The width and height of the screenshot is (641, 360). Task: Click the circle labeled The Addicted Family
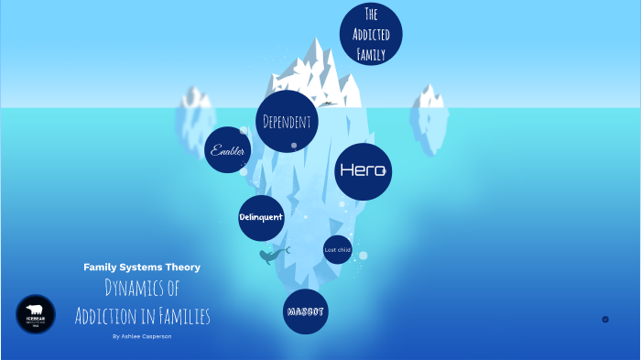[371, 35]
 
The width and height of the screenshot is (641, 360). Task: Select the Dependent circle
[287, 121]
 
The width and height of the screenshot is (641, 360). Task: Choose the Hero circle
[364, 170]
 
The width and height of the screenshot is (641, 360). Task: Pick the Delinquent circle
[261, 217]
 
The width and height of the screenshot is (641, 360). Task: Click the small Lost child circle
[337, 249]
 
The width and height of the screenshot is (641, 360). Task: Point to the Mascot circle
[306, 311]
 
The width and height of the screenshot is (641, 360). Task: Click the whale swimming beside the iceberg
[272, 256]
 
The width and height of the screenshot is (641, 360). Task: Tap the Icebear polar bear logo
[36, 314]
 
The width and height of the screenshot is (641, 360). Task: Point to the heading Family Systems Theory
[142, 267]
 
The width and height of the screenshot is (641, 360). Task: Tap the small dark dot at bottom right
[605, 319]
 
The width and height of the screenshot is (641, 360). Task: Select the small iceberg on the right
[429, 107]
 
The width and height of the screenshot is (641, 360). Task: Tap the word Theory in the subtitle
[183, 267]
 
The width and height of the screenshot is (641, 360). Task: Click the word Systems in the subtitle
[141, 267]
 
